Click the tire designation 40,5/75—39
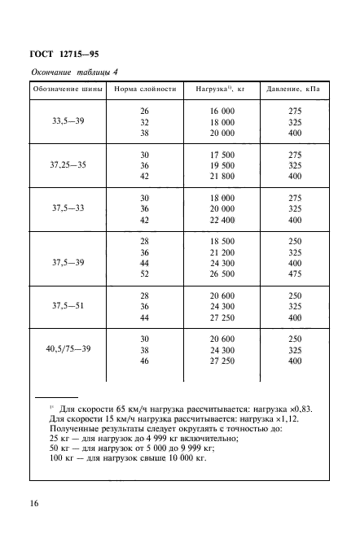pyautogui.click(x=69, y=349)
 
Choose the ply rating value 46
pyautogui.click(x=145, y=361)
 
